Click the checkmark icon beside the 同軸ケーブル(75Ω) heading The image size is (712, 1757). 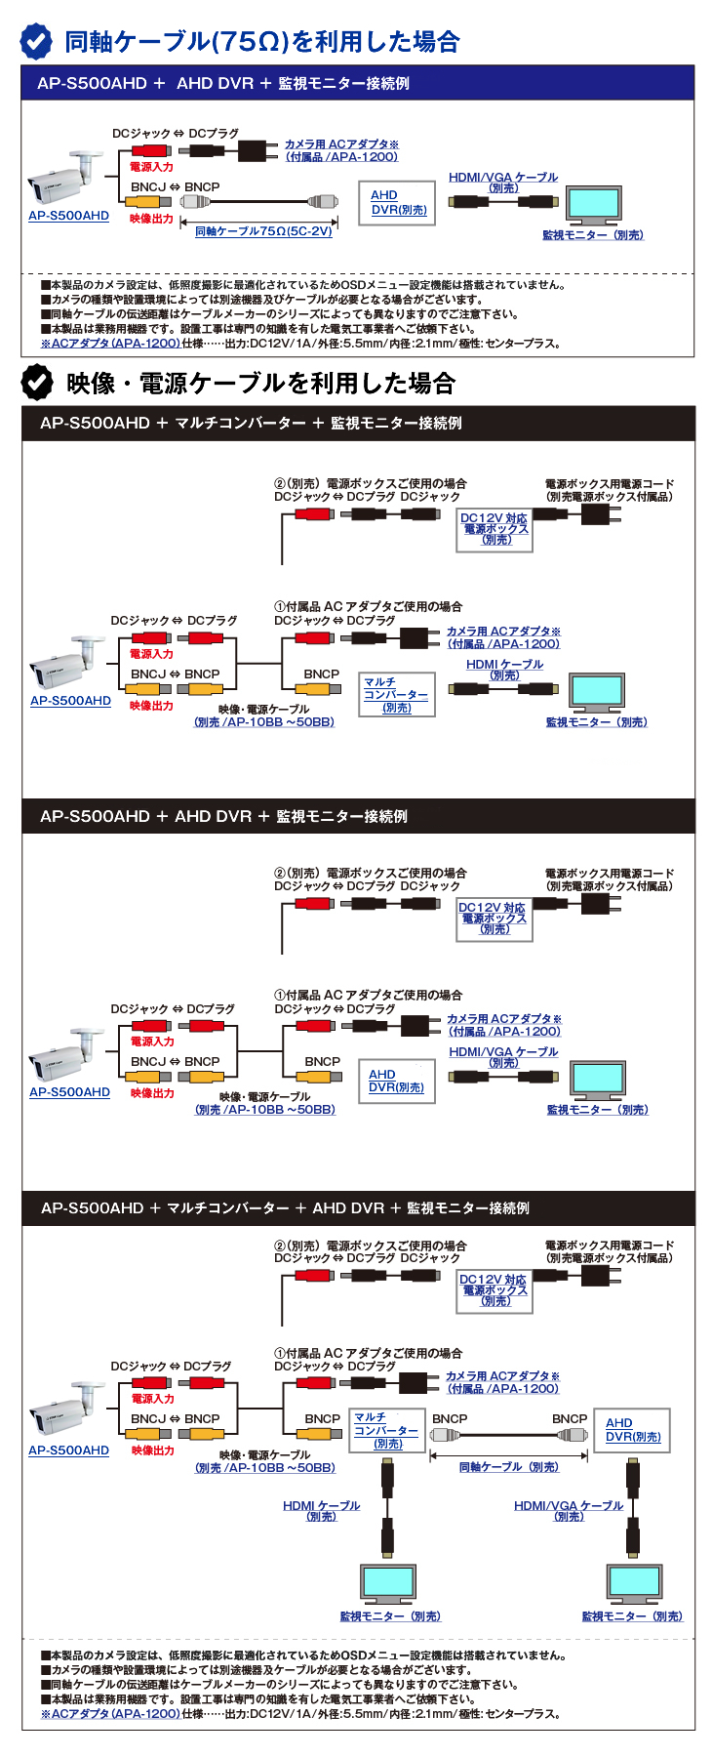[x=37, y=41]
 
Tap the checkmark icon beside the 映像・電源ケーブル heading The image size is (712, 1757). [x=37, y=383]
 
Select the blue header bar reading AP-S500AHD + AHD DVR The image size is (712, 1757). [x=358, y=83]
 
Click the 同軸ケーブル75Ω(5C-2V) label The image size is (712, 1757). [x=263, y=231]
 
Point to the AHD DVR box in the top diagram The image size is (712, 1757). [x=399, y=203]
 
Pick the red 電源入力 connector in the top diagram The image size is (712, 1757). [x=151, y=151]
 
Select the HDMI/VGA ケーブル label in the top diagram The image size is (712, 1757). [x=503, y=182]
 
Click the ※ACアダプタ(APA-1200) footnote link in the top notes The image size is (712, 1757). [x=110, y=344]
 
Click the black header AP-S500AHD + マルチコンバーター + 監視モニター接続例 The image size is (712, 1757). [x=358, y=424]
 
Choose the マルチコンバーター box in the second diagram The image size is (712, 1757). [x=396, y=694]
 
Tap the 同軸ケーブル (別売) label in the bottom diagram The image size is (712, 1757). [x=509, y=1467]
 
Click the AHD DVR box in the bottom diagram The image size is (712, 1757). [x=632, y=1430]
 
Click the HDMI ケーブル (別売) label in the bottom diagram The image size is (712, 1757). [x=321, y=1510]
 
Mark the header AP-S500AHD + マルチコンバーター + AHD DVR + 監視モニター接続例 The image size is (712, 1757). [x=358, y=1208]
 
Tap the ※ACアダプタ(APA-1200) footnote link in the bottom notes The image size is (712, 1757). [x=110, y=1714]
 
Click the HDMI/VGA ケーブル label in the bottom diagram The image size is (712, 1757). [x=569, y=1510]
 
